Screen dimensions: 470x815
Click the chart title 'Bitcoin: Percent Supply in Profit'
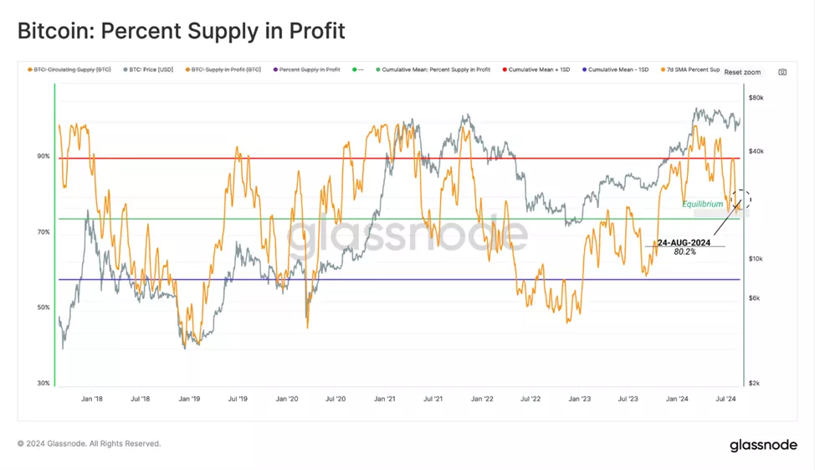click(x=181, y=32)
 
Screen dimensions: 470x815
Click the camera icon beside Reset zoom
click(x=782, y=72)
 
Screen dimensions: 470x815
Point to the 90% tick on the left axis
click(x=43, y=157)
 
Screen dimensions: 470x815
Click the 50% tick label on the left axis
click(x=43, y=307)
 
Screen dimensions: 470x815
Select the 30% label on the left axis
click(x=43, y=383)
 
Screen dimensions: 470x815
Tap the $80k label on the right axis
click(x=756, y=98)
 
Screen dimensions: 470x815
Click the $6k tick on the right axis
click(x=755, y=298)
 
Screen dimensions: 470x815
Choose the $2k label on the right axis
click(x=755, y=383)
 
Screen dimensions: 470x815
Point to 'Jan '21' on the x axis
click(x=385, y=400)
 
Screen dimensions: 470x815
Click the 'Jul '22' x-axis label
click(x=531, y=400)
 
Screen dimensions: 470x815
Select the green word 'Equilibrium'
click(x=702, y=204)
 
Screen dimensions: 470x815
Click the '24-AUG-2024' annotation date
click(x=684, y=242)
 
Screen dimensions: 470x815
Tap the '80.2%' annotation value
click(x=684, y=251)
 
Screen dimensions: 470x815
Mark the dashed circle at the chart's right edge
click(x=741, y=199)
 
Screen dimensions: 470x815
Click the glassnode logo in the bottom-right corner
click(x=763, y=445)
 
